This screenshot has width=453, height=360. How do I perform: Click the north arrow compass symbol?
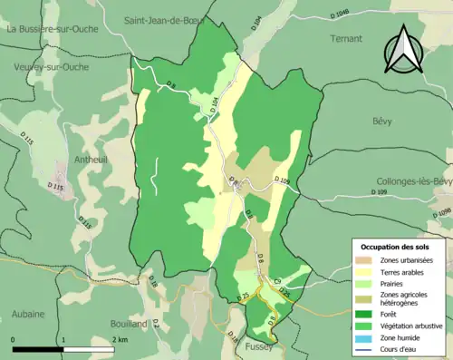pyautogui.click(x=403, y=49)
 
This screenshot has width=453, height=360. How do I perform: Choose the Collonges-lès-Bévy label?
pyautogui.click(x=413, y=181)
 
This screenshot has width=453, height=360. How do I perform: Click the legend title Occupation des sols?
pyautogui.click(x=399, y=247)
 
